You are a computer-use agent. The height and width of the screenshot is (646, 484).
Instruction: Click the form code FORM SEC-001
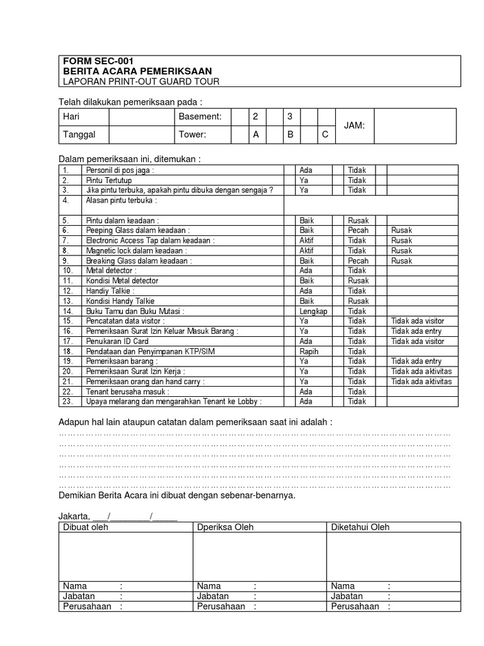click(98, 61)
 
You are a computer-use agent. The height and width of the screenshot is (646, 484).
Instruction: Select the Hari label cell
click(71, 117)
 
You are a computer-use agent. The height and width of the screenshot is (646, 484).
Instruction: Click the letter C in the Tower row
click(325, 134)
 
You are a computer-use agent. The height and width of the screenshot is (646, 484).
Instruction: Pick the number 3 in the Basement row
click(290, 117)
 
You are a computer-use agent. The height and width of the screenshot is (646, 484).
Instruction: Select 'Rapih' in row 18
click(309, 351)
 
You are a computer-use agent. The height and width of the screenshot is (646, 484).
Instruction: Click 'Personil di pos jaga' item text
click(120, 170)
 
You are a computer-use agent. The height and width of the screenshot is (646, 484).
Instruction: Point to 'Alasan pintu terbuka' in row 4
click(121, 201)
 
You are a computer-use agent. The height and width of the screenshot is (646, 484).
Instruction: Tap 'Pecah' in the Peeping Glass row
click(358, 231)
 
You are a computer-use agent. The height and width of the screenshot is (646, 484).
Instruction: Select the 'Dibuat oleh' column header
click(86, 527)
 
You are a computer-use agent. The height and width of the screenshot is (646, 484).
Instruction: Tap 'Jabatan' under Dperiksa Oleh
click(213, 596)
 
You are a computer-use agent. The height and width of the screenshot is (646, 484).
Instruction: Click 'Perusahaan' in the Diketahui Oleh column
click(355, 606)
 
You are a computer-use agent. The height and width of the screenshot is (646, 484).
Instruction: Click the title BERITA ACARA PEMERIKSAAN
click(137, 71)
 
